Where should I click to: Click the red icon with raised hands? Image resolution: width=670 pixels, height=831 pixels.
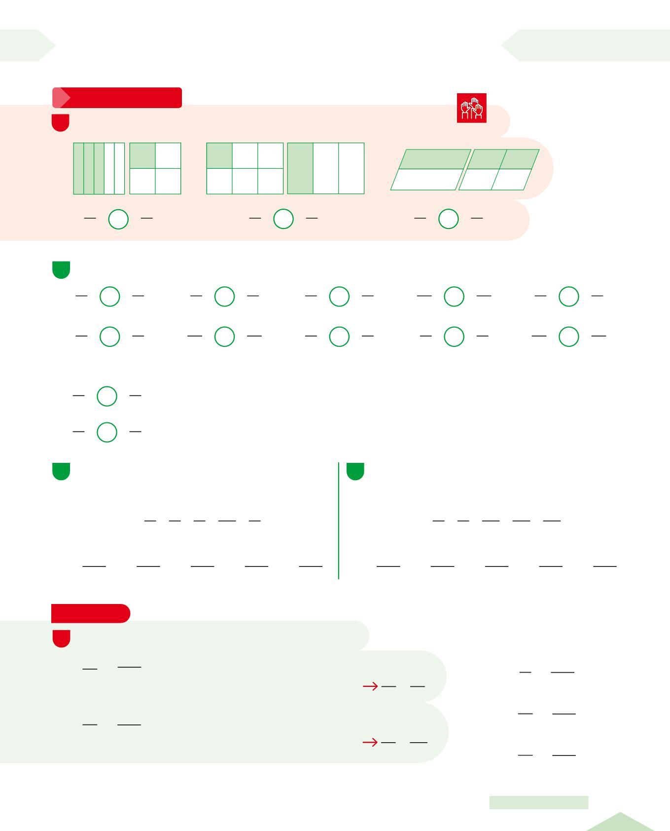471,108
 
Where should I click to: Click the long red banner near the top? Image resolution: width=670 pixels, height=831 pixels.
117,98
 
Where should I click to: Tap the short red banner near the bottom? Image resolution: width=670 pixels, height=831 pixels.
91,613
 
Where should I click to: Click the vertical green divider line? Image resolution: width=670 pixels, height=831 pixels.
339,520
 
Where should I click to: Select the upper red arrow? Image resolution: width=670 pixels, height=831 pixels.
370,686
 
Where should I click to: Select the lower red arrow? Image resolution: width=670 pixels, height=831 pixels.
370,742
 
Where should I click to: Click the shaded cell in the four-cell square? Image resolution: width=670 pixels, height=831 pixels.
142,155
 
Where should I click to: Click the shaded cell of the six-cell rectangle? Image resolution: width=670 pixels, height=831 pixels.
219,155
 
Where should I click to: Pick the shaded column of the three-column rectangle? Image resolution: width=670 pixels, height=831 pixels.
300,168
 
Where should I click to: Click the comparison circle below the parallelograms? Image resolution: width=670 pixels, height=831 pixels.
449,219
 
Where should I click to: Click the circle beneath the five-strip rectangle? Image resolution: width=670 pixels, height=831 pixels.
118,219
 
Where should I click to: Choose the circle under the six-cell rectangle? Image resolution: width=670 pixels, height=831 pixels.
283,219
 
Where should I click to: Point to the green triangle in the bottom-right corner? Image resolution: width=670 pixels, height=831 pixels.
620,823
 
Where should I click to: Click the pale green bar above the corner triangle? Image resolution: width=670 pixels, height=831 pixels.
538,802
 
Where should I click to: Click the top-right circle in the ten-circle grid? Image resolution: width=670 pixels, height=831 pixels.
568,296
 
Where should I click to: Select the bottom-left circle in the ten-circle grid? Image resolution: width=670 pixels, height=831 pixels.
109,337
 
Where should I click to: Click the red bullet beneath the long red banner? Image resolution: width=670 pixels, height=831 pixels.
61,122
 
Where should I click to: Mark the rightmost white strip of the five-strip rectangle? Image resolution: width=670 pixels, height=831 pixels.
119,168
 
